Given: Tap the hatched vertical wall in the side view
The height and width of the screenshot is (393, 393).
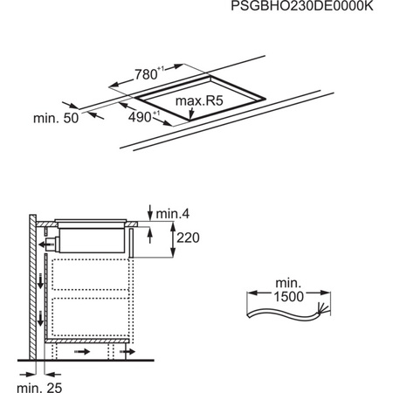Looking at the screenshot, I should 32,288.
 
